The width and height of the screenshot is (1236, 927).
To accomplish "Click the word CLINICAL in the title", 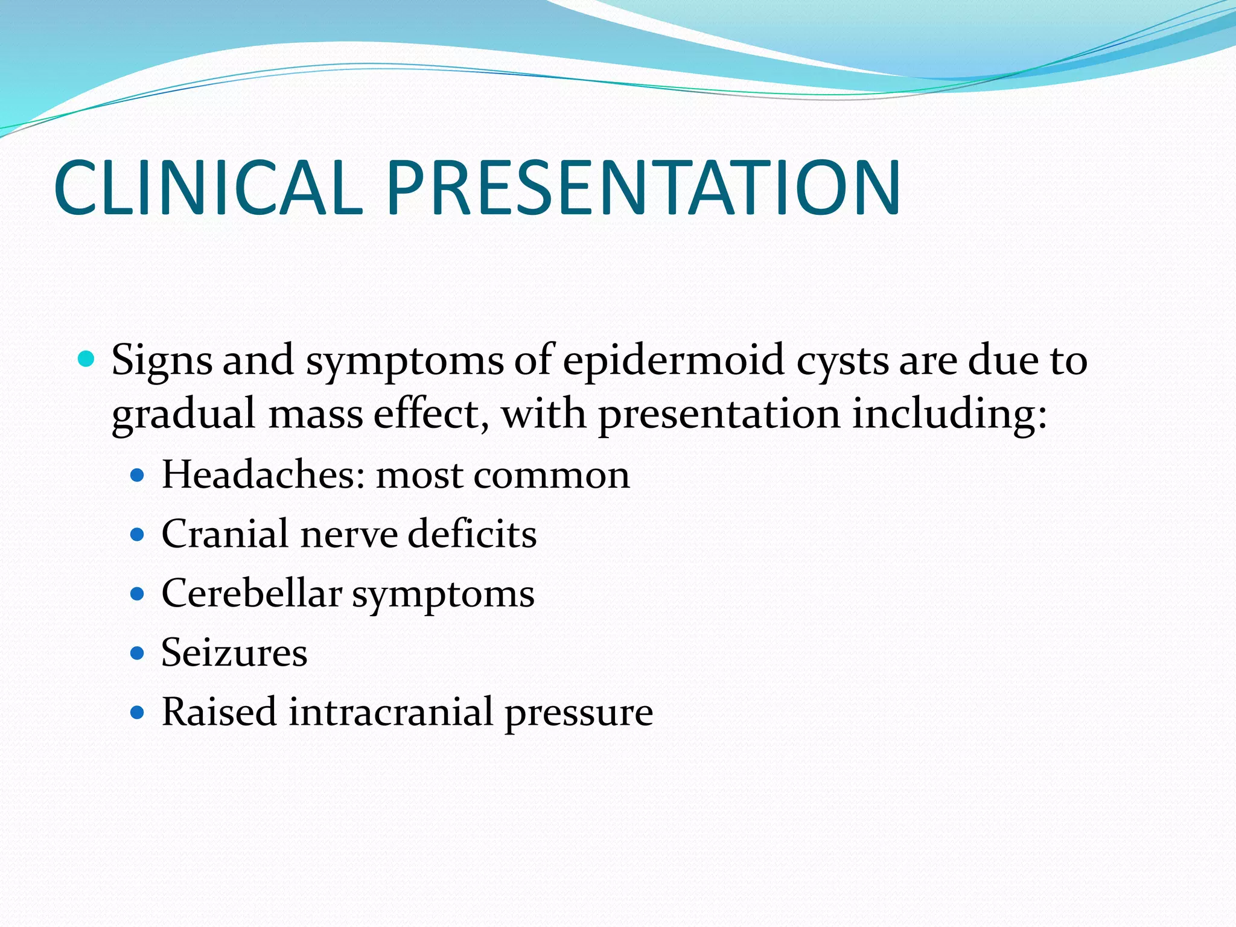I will click(x=208, y=188).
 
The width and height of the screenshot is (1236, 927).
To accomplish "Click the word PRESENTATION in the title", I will click(x=643, y=188).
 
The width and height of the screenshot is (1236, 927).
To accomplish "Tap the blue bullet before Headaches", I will click(x=138, y=476).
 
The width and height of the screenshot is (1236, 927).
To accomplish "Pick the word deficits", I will click(x=472, y=534).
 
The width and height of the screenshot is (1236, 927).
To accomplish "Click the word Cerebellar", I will click(x=252, y=593).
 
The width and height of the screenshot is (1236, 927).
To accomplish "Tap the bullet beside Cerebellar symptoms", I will click(x=138, y=594).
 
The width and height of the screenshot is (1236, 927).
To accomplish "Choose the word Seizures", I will click(x=234, y=652).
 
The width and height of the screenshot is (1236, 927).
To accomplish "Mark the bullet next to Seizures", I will click(x=138, y=653).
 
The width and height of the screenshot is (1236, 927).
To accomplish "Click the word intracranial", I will click(x=391, y=712).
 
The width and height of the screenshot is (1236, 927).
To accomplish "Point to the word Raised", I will click(x=219, y=712).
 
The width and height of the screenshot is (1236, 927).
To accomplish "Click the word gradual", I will click(x=183, y=415).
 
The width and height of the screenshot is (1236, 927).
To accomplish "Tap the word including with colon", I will click(x=949, y=415).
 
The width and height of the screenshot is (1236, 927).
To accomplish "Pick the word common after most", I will click(x=552, y=476).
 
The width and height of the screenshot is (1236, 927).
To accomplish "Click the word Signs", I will click(x=162, y=361).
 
